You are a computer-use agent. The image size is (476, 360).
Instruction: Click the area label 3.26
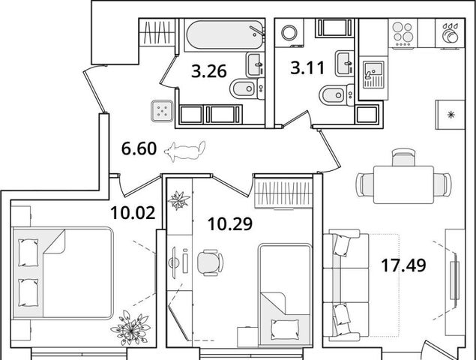tap(209, 71)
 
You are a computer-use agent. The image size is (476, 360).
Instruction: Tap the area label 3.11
tap(307, 67)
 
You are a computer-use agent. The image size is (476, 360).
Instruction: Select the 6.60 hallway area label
tap(139, 148)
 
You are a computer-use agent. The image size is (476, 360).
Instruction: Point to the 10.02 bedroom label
tap(133, 213)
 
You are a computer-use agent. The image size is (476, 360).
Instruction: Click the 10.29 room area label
tap(230, 224)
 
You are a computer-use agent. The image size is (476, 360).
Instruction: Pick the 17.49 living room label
tap(403, 265)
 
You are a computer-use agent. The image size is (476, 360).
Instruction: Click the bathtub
tap(225, 34)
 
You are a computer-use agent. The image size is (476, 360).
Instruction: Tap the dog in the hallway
tap(185, 151)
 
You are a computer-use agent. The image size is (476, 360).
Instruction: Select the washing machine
tap(289, 32)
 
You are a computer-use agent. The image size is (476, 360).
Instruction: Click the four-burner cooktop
tap(403, 34)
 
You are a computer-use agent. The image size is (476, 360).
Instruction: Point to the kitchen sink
tap(373, 74)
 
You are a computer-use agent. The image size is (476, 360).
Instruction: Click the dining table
tap(403, 184)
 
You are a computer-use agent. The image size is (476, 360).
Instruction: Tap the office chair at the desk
tap(211, 262)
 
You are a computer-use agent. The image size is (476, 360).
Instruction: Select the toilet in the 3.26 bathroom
tap(247, 88)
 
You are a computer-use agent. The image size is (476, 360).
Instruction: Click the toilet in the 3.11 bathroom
tap(337, 95)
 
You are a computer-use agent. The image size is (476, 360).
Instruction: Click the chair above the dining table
tap(403, 157)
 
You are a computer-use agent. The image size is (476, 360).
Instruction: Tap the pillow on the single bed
tap(285, 329)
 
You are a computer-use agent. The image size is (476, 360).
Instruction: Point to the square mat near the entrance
tap(163, 111)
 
